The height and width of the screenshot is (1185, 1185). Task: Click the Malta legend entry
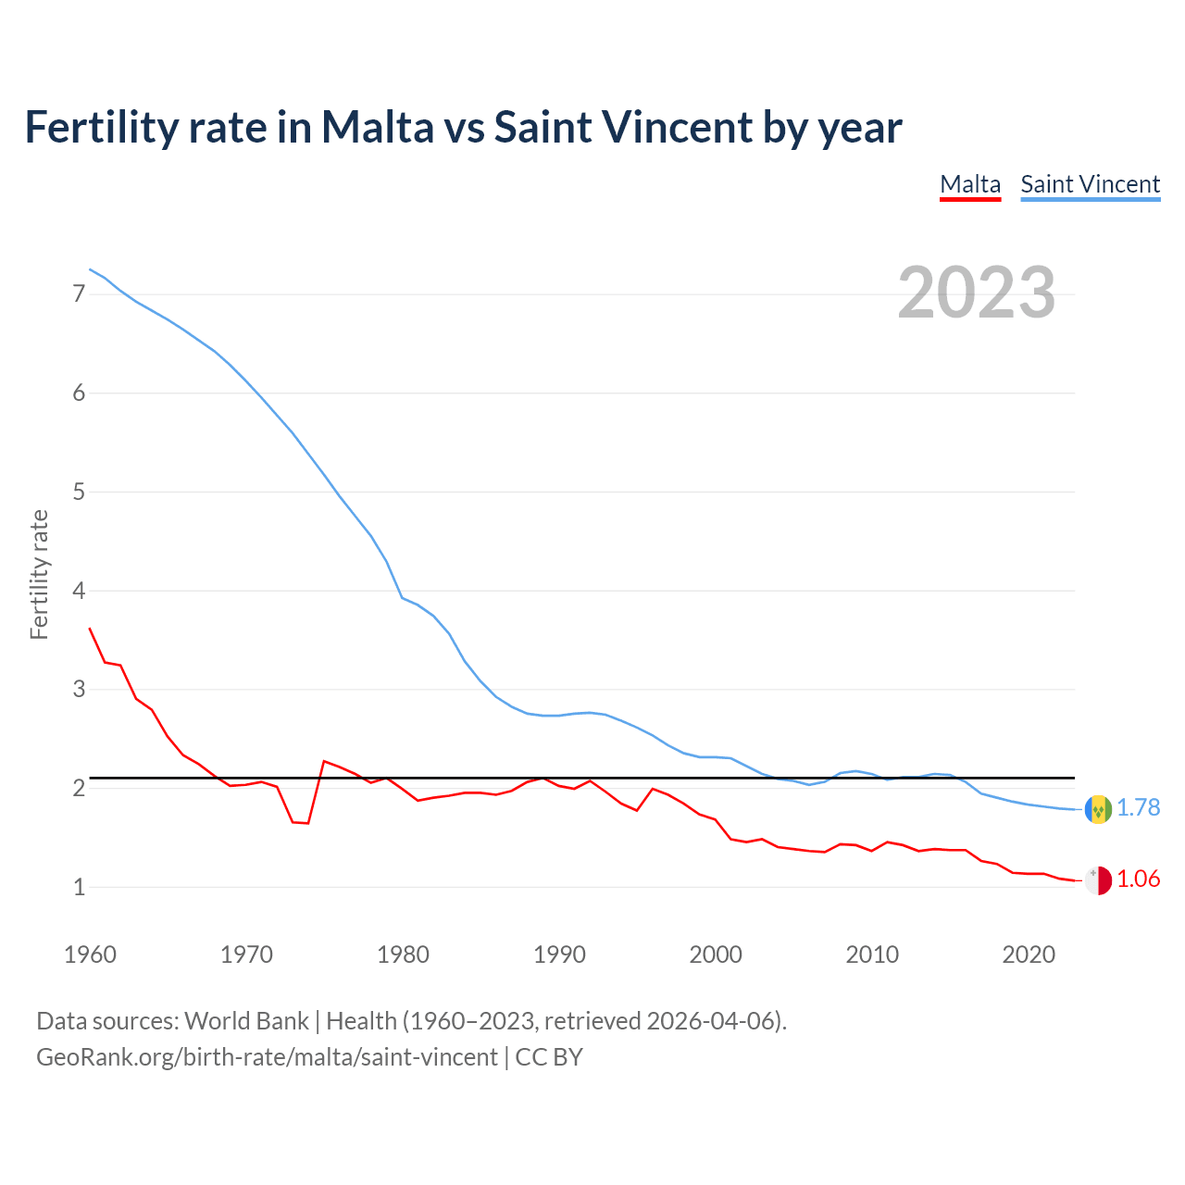click(970, 184)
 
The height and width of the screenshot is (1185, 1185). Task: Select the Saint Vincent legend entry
click(1090, 184)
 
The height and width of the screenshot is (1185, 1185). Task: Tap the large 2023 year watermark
click(976, 293)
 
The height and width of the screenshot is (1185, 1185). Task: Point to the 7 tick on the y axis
click(79, 294)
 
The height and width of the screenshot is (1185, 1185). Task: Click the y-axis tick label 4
click(79, 591)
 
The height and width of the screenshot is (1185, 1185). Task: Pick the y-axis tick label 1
click(79, 887)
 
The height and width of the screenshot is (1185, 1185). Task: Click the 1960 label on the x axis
click(90, 954)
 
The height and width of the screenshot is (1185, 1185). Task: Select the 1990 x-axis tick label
click(559, 954)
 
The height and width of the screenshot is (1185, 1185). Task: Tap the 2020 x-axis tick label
click(1029, 954)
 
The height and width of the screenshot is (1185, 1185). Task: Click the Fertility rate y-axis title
click(39, 574)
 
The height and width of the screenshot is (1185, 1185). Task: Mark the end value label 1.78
click(1138, 808)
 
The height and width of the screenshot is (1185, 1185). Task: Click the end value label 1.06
click(1138, 879)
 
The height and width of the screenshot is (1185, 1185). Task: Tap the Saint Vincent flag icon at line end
click(1098, 809)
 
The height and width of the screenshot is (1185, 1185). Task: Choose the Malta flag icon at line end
click(1098, 880)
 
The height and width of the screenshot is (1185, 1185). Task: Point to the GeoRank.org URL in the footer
click(267, 1057)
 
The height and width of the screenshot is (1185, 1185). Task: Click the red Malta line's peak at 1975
click(324, 761)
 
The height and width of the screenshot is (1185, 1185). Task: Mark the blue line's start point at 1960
click(90, 269)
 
